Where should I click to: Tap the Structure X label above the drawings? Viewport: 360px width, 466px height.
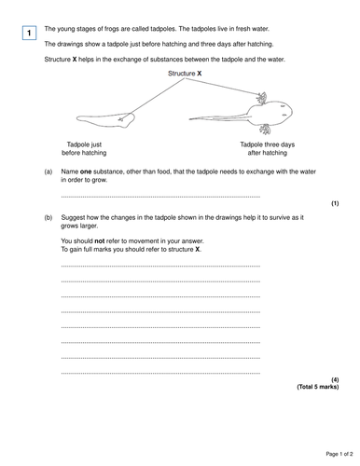click(185, 73)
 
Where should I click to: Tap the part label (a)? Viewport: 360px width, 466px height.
click(48, 171)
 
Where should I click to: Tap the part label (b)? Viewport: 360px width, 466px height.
click(48, 216)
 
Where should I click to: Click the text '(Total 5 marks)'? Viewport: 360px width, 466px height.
click(317, 387)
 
